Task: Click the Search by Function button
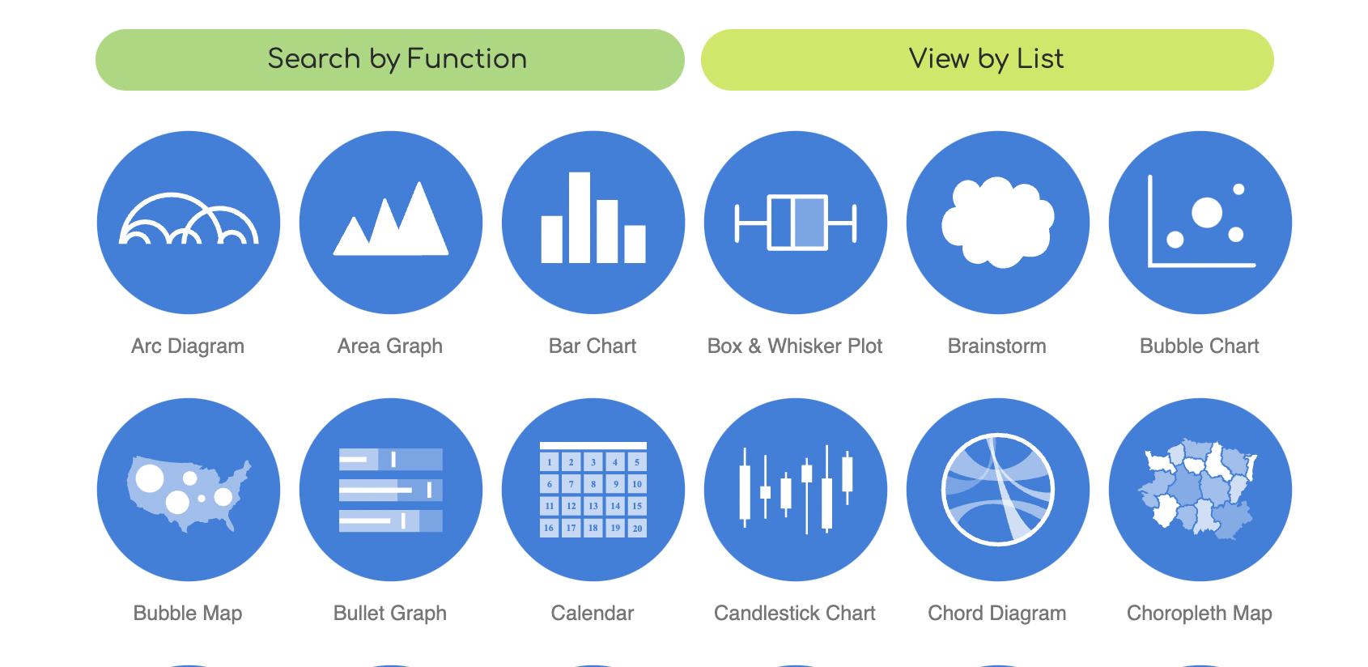(x=389, y=60)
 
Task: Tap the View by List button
(x=987, y=60)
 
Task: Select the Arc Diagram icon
(x=189, y=223)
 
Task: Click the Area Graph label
(x=390, y=346)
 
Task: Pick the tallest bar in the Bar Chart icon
(x=580, y=218)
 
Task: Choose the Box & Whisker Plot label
(x=795, y=346)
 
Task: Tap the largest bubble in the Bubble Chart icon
(x=1207, y=213)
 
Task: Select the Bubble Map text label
(x=188, y=613)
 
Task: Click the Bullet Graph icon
(x=391, y=490)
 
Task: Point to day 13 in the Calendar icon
(x=593, y=506)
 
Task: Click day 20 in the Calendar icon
(x=637, y=528)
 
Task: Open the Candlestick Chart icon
(x=795, y=490)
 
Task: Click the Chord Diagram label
(x=996, y=613)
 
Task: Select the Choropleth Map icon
(x=1200, y=490)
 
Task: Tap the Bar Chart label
(x=593, y=346)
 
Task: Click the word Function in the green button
(x=466, y=58)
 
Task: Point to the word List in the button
(x=1040, y=58)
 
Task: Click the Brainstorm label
(x=996, y=346)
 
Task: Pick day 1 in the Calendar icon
(x=549, y=461)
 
